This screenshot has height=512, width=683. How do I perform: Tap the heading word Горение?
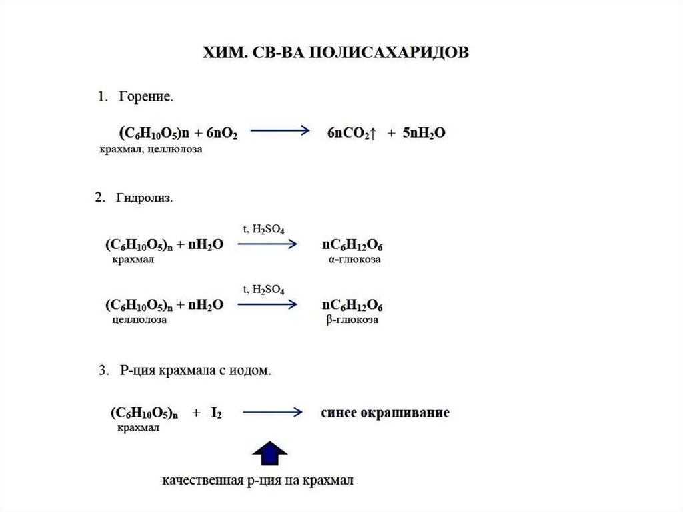[146, 97]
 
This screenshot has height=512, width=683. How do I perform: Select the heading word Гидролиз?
[144, 198]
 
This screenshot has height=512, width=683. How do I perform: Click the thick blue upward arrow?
[269, 453]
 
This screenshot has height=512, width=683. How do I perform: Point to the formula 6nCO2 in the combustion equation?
[351, 133]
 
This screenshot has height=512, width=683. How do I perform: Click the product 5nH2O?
[422, 133]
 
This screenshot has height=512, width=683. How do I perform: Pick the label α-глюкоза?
[354, 260]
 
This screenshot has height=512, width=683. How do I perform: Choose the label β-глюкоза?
[353, 320]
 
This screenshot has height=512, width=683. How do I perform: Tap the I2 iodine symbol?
[217, 413]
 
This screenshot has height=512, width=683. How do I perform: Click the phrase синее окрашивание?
[385, 413]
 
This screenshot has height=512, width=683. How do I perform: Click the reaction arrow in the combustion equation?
[279, 132]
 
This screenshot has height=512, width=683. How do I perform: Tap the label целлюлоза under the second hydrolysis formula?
[140, 320]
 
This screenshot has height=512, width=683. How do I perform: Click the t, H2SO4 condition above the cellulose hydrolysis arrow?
[264, 290]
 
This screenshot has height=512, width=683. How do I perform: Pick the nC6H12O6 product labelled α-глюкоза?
[352, 245]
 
